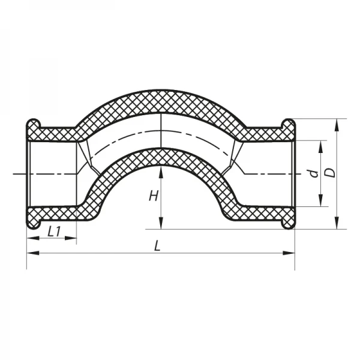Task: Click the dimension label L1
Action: tap(53, 231)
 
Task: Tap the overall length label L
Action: tap(157, 246)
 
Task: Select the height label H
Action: tap(154, 195)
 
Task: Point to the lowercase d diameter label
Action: tap(313, 173)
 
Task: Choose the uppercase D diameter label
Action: tap(329, 172)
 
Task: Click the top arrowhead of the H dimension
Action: tap(161, 171)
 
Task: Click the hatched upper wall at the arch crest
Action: tap(161, 102)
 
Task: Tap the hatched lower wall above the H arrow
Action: tap(161, 157)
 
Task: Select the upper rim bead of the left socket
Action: tap(32, 128)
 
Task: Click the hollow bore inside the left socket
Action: tap(53, 174)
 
